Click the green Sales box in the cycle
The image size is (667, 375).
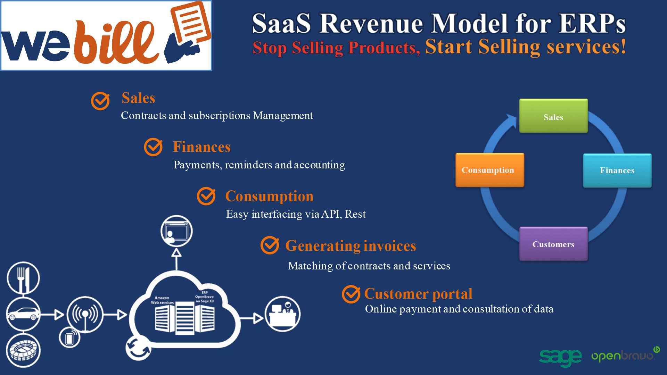coord(553,116)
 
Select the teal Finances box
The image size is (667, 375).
coord(617,170)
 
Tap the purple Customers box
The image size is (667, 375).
coord(553,244)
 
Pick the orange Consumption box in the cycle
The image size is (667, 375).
coord(490,170)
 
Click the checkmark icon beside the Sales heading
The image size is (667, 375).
coord(100,101)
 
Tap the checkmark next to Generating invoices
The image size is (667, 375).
coord(270,245)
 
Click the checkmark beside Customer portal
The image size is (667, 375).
coord(351,294)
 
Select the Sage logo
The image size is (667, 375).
coord(560,357)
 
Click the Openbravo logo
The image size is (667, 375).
coord(625,355)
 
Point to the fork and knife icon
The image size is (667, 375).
coord(23,278)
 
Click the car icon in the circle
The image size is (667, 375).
coord(23,314)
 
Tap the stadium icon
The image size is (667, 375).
coord(23,350)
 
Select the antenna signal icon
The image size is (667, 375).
coord(85,315)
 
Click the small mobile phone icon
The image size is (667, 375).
coord(69,338)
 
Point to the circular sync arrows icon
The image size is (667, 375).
coord(138,348)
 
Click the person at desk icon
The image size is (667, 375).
coord(283,314)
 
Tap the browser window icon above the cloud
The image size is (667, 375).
coord(176,231)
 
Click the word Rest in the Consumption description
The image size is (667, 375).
coord(355,214)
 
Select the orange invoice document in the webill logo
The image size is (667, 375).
coord(191,23)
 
